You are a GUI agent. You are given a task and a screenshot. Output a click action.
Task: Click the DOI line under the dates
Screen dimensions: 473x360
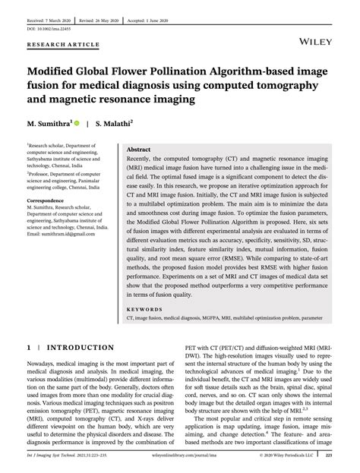point(46,28)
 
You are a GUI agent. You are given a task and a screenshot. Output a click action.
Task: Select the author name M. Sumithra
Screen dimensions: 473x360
point(49,121)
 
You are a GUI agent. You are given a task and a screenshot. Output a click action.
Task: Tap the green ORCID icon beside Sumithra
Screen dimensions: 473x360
point(77,121)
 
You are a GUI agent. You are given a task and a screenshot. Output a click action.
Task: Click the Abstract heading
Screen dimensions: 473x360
point(138,151)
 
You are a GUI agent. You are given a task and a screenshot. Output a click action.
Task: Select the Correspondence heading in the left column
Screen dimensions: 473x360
point(48,200)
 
